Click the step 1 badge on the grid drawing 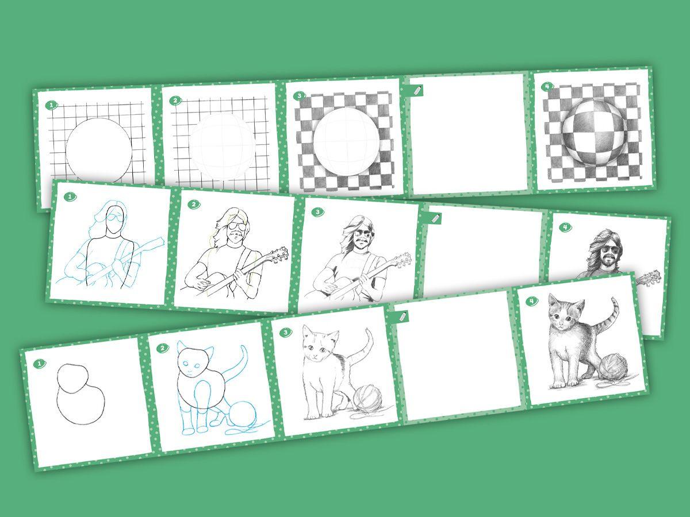(51, 105)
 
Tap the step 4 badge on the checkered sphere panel (548, 86)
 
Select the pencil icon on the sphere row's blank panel (417, 91)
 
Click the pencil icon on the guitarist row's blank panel (435, 218)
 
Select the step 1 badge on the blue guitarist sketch (70, 197)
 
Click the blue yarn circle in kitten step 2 (243, 414)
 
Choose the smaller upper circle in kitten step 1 (72, 378)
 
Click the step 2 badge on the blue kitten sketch (163, 348)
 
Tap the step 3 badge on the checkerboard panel (298, 96)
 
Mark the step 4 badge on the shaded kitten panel (532, 301)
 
